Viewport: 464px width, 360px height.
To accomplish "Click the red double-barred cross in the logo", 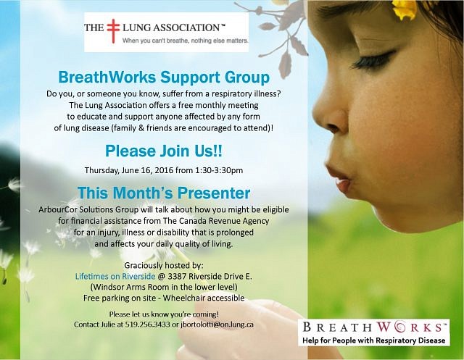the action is (x=113, y=31).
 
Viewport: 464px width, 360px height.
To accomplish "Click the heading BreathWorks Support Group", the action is (x=164, y=77).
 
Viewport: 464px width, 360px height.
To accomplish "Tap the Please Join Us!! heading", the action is (x=164, y=151).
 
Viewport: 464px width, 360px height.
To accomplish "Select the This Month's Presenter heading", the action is (x=164, y=193).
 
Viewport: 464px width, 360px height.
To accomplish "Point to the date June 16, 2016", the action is (x=147, y=170).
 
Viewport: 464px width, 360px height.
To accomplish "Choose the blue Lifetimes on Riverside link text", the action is (x=115, y=276).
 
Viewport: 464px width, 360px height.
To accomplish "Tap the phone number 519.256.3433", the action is (x=147, y=325).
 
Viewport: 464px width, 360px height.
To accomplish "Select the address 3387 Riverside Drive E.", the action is (x=210, y=276).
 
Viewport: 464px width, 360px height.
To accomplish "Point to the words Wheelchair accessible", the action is (x=204, y=298).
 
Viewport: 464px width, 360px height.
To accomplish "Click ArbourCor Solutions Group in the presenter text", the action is (x=88, y=209).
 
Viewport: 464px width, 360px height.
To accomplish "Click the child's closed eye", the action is (x=373, y=59).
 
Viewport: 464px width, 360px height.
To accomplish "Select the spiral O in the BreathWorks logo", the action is (x=397, y=327).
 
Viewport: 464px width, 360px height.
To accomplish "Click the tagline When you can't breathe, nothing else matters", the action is (x=186, y=41).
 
